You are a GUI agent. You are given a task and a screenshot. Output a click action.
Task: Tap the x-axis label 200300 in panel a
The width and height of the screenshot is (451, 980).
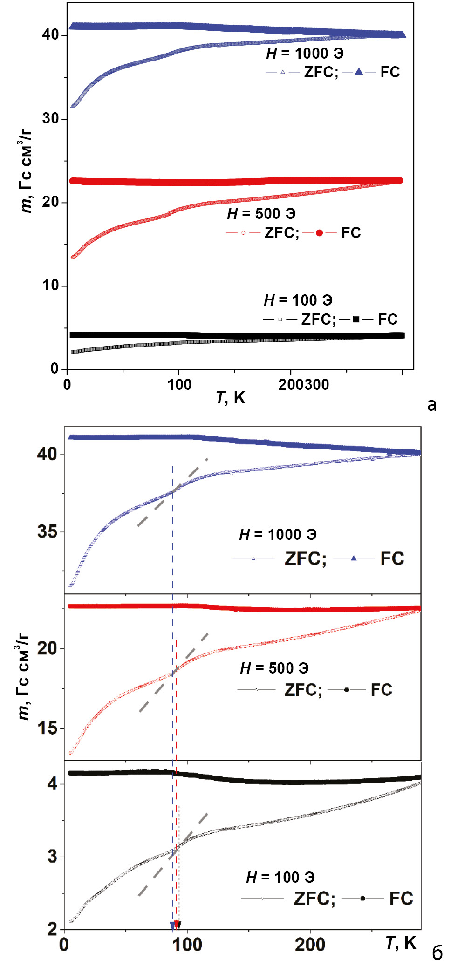tap(303, 385)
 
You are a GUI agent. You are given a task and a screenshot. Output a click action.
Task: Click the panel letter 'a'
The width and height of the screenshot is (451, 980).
tap(432, 404)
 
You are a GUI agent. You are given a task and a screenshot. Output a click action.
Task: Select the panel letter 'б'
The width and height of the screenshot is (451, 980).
tap(437, 953)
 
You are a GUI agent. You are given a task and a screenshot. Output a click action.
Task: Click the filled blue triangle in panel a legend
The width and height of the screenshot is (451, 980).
tap(359, 72)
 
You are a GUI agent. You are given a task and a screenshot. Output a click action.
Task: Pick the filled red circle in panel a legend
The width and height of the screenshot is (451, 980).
tap(319, 233)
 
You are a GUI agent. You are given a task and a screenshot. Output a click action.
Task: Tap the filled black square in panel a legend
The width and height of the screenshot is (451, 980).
tap(356, 320)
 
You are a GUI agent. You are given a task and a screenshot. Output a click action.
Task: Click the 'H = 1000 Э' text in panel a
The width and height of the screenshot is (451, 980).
tap(305, 54)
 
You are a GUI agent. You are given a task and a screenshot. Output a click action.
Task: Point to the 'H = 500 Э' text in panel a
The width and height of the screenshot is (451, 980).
tap(261, 214)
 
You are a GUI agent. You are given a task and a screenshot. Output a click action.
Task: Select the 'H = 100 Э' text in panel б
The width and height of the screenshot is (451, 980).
tap(280, 878)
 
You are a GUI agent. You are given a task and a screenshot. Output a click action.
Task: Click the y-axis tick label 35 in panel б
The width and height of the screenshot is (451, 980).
tap(47, 531)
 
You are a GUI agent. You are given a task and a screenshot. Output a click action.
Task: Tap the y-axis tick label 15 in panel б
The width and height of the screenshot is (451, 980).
tap(47, 728)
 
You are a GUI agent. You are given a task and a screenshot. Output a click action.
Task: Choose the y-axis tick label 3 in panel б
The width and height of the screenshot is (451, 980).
tap(52, 856)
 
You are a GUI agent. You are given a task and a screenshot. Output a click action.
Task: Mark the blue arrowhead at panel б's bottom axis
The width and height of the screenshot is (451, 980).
tap(172, 926)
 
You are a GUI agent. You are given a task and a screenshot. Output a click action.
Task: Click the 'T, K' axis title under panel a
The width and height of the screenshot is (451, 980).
tap(230, 398)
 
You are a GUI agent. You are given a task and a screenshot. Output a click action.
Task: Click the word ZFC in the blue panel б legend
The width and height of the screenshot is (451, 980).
tap(305, 558)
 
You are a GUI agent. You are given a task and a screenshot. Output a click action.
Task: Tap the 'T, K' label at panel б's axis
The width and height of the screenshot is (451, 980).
tap(400, 943)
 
